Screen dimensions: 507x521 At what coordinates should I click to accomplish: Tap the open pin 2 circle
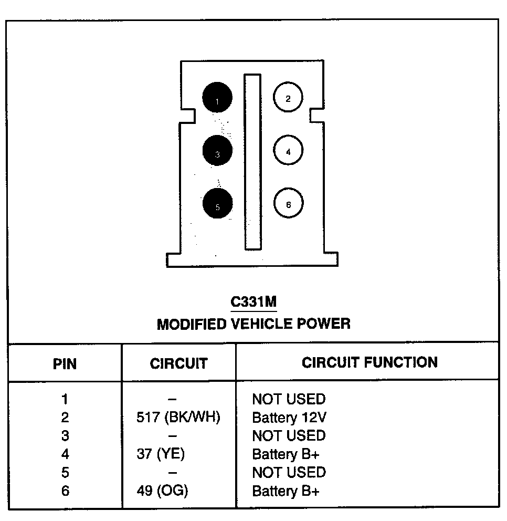pos(288,98)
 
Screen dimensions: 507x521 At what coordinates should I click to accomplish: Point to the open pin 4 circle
pos(288,151)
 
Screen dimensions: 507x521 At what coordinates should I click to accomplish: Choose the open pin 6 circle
pos(288,204)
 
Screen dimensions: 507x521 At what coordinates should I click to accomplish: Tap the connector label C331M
pos(254,302)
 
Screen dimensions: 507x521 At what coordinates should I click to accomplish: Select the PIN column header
pos(65,364)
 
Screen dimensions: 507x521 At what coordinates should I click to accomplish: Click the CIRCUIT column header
pos(178,363)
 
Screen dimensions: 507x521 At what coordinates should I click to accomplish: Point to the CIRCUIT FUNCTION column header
pos(369,362)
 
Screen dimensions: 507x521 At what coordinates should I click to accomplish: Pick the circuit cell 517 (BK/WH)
pos(177,418)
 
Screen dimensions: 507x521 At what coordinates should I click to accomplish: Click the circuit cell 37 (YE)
pos(161,454)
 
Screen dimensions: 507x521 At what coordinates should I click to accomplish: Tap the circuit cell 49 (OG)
pos(162,491)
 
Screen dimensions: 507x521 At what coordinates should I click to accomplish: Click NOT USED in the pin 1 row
pos(289,399)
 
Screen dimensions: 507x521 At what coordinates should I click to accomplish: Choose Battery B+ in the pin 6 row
pos(286,491)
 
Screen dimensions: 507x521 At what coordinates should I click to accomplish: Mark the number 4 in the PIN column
pos(65,454)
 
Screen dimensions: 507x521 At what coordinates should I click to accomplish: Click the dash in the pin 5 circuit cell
pos(173,473)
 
